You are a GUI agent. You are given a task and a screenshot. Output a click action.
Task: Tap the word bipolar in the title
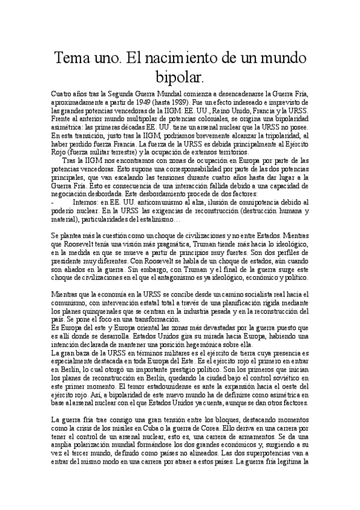pos(180,77)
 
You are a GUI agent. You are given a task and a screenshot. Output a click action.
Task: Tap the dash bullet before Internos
pos(53,203)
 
